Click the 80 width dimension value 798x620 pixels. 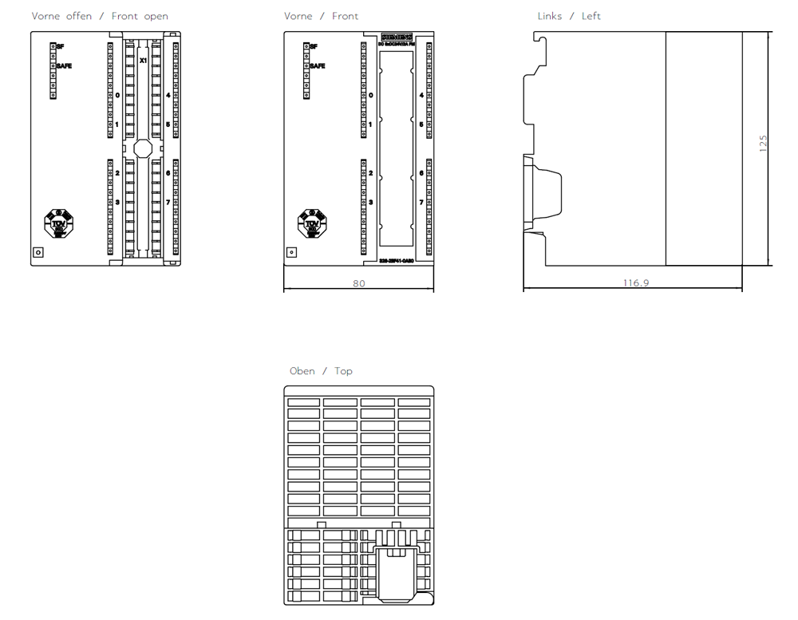click(359, 283)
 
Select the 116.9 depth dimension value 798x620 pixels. click(636, 283)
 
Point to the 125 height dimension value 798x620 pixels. click(763, 144)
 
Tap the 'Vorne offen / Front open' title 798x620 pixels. click(100, 16)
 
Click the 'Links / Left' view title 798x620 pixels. click(569, 16)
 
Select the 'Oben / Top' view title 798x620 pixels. click(321, 371)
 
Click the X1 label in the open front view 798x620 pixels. click(143, 61)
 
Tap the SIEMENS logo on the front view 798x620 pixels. click(397, 38)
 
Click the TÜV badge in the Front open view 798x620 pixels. click(58, 224)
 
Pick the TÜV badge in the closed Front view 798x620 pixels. click(311, 224)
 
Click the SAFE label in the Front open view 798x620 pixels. click(64, 66)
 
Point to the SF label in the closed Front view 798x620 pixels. click(314, 47)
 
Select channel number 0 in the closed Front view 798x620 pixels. click(370, 96)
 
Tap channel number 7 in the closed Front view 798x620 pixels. click(421, 203)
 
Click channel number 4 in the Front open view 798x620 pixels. click(168, 96)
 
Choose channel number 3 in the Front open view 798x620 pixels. click(117, 203)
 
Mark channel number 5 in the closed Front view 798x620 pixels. click(421, 125)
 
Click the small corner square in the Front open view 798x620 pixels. click(38, 253)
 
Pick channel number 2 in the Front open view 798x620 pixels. click(117, 173)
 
